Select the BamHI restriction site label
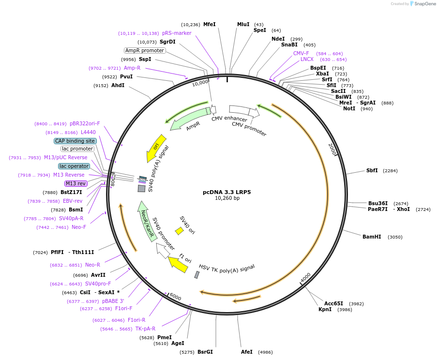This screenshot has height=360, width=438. click(x=372, y=237)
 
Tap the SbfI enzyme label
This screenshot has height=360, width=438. click(x=372, y=171)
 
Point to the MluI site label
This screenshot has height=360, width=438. click(x=243, y=24)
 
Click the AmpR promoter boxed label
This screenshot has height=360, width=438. click(x=145, y=50)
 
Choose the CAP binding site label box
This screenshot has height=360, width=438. click(x=75, y=141)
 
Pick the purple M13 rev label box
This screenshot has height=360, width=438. click(x=76, y=183)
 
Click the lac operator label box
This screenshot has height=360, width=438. click(x=74, y=166)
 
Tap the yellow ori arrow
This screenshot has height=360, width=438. click(x=153, y=151)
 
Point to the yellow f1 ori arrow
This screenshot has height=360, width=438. click(x=179, y=264)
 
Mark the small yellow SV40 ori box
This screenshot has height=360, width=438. click(x=179, y=231)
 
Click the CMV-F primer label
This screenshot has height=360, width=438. click(x=301, y=54)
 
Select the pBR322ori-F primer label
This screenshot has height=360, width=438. click(x=85, y=124)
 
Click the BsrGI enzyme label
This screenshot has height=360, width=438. click(x=205, y=352)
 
